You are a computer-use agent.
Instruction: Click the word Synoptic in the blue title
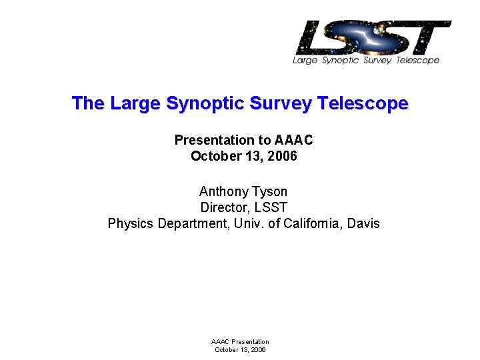(x=204, y=104)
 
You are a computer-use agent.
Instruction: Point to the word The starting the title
(x=88, y=104)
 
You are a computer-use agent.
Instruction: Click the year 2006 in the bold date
(x=281, y=157)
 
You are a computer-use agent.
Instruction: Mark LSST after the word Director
(x=270, y=207)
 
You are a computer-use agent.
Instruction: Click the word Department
(x=194, y=223)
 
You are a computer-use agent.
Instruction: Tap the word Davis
(x=363, y=223)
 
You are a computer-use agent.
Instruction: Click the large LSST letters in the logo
(x=373, y=38)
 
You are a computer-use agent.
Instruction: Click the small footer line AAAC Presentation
(x=240, y=342)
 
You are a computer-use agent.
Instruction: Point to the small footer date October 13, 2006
(x=240, y=349)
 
